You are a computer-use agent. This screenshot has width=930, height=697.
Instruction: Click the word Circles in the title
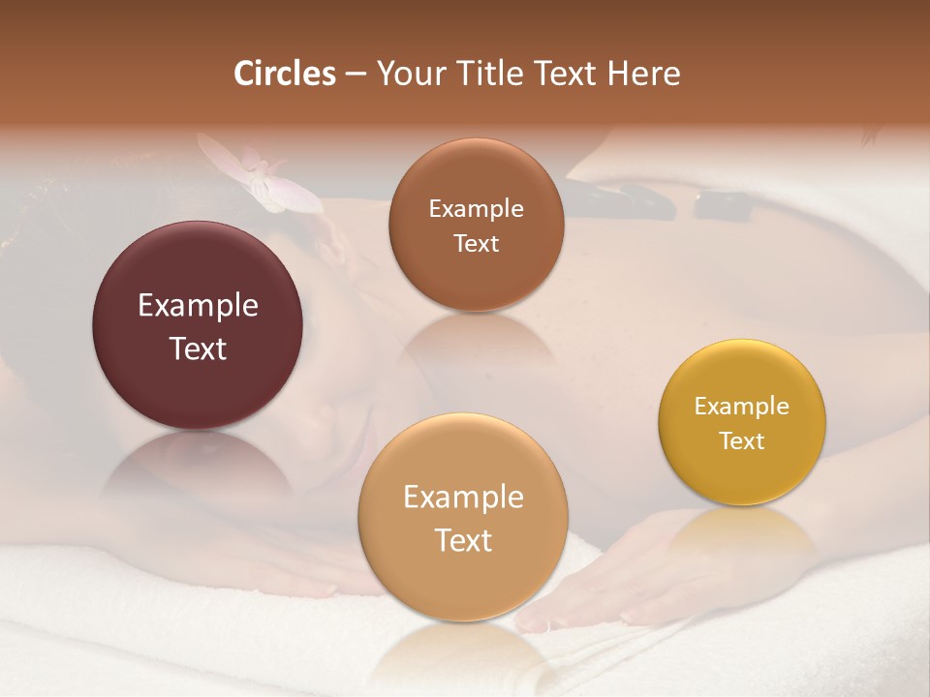tap(285, 74)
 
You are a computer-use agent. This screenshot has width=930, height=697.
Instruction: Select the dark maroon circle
tap(198, 325)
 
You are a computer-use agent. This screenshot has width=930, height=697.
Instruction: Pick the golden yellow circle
tap(742, 422)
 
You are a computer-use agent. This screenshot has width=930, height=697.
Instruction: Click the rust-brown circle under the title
tap(476, 225)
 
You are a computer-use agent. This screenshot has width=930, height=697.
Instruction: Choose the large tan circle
tap(463, 517)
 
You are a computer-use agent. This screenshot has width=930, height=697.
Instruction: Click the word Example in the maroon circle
tap(198, 306)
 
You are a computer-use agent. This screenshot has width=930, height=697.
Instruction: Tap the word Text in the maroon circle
tap(198, 348)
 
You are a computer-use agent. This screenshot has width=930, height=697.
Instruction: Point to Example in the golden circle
tap(742, 407)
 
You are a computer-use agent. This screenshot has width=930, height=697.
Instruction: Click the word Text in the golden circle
tap(742, 441)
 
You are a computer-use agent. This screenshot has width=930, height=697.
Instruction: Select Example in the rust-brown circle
tap(476, 209)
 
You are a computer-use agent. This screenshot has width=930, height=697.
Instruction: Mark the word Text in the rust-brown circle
tap(476, 244)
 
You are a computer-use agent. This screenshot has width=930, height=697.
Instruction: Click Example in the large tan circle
tap(463, 498)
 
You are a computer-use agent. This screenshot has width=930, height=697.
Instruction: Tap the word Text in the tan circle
tap(463, 540)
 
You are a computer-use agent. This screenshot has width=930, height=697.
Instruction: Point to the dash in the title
tap(356, 75)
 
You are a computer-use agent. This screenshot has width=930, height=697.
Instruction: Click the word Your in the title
tap(405, 74)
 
